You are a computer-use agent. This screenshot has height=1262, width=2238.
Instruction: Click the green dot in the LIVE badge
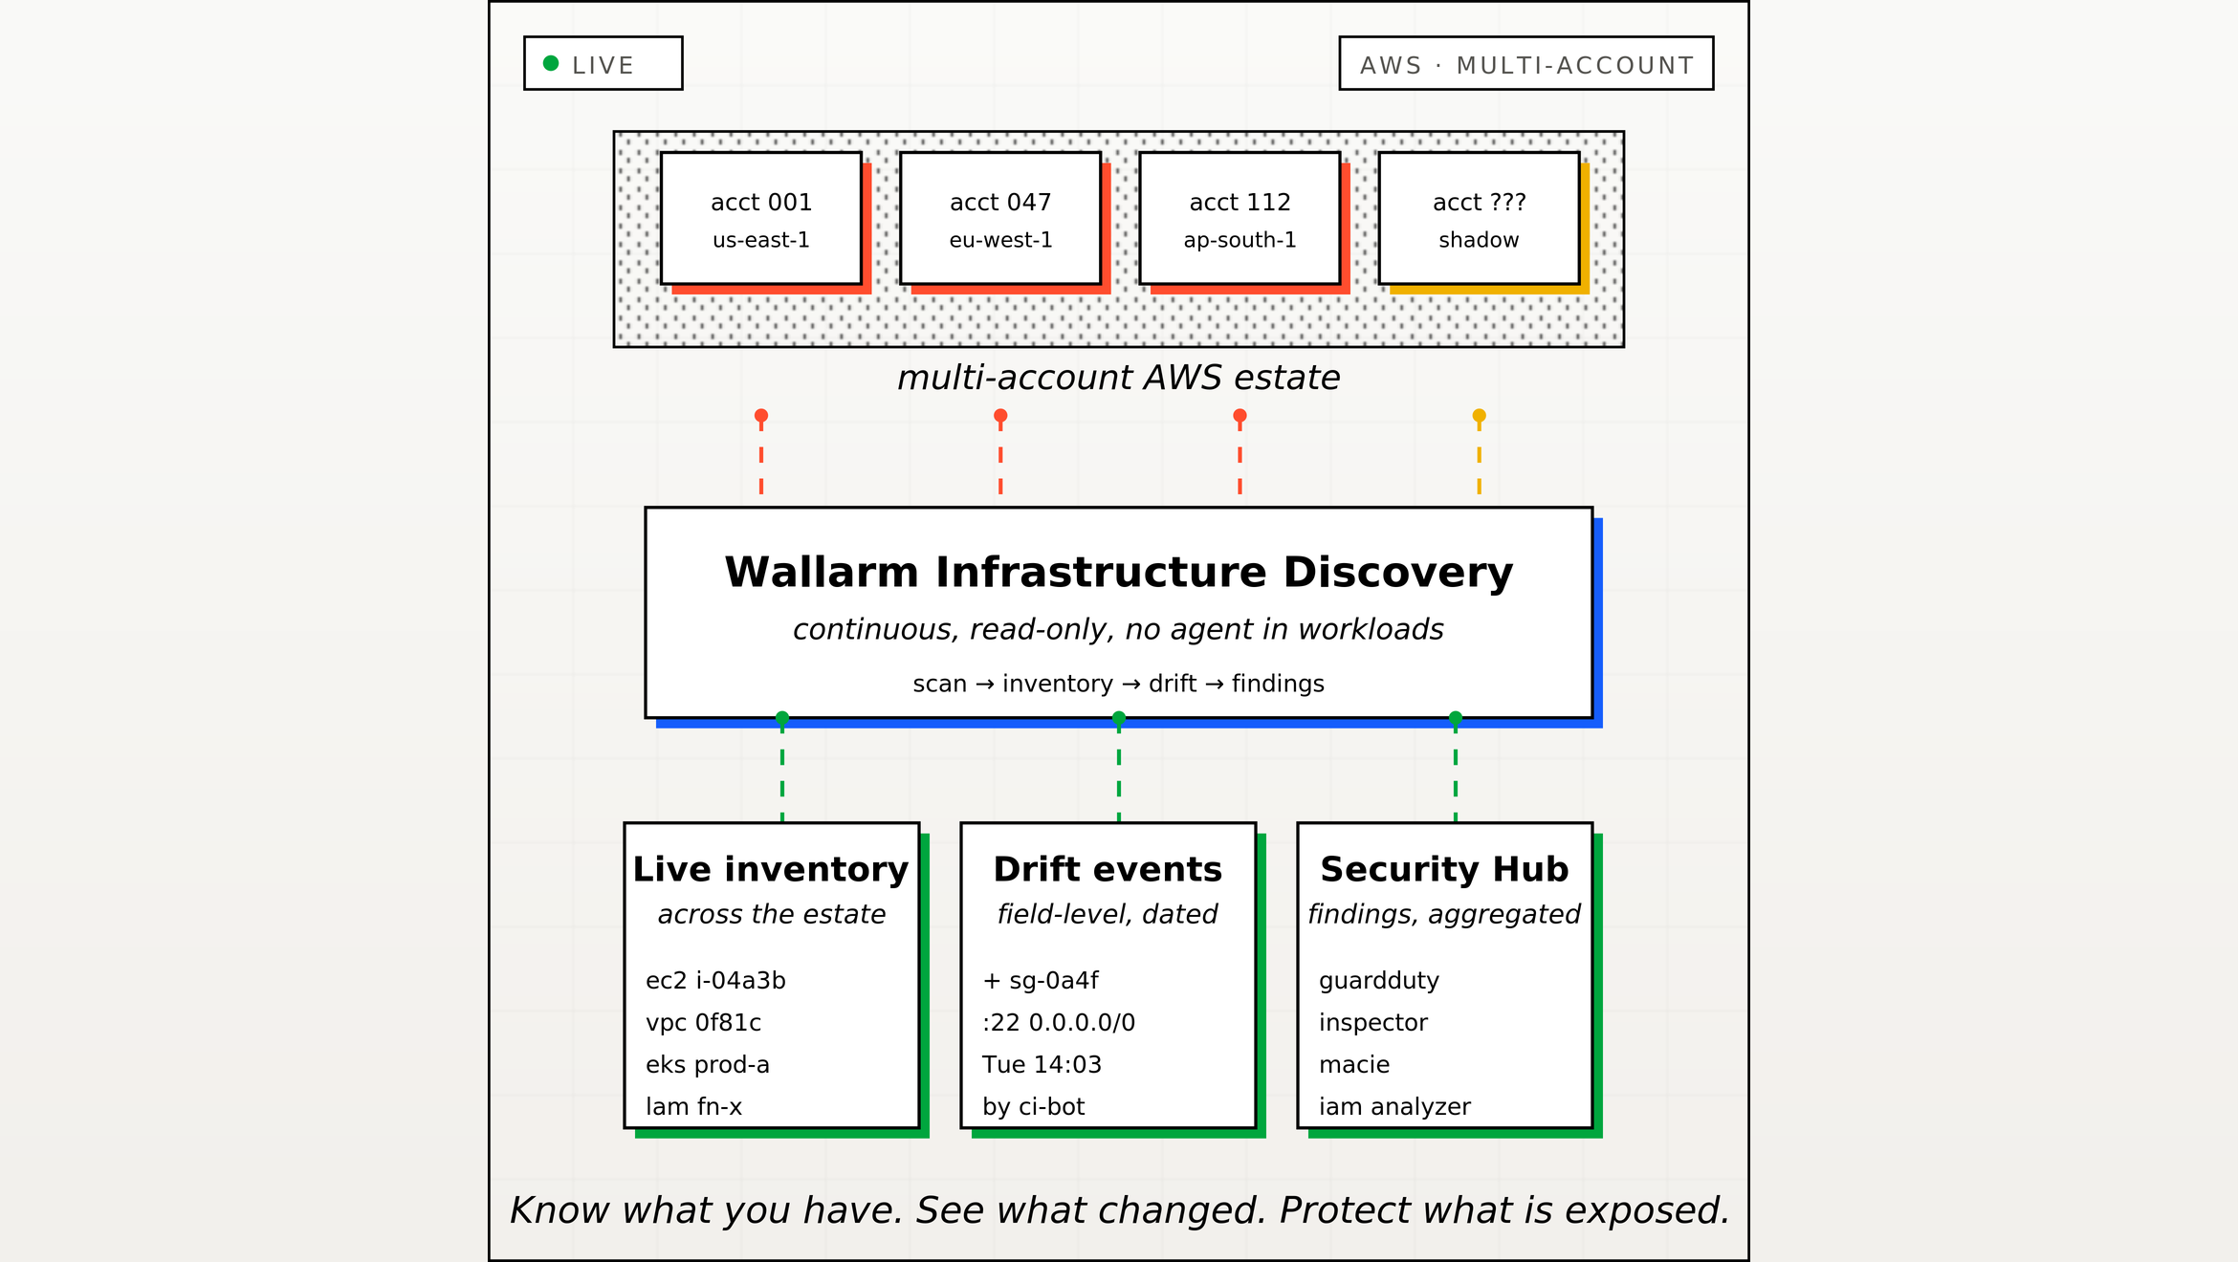551,63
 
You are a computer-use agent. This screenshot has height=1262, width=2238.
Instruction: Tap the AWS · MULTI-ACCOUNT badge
1526,63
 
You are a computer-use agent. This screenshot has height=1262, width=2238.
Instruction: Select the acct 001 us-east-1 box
761,218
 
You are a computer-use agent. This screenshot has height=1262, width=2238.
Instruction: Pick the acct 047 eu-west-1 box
1000,218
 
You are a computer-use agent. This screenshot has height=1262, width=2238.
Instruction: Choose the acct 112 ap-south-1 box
1240,218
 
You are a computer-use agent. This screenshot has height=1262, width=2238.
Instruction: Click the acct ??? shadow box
1479,218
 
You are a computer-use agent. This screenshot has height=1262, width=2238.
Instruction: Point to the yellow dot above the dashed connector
1479,416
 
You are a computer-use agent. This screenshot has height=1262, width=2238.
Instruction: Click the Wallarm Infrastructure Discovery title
1119,572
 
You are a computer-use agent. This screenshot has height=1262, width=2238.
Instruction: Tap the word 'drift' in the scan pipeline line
1173,684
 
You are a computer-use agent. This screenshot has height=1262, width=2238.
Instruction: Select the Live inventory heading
771,869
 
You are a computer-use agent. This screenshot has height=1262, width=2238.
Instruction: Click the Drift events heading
1108,869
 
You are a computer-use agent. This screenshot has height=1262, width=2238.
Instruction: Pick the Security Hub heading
1444,869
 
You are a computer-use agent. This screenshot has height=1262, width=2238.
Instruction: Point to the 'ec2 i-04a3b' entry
715,980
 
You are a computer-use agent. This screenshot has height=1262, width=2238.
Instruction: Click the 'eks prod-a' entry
708,1064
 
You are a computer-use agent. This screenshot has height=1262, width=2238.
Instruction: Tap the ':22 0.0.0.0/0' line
1059,1022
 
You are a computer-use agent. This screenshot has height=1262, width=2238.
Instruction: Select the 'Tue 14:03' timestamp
1042,1064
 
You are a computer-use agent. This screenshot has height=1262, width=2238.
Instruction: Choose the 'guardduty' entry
1379,981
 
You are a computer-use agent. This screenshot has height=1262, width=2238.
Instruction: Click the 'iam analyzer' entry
1394,1106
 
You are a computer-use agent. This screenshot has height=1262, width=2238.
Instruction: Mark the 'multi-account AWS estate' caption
1119,378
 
